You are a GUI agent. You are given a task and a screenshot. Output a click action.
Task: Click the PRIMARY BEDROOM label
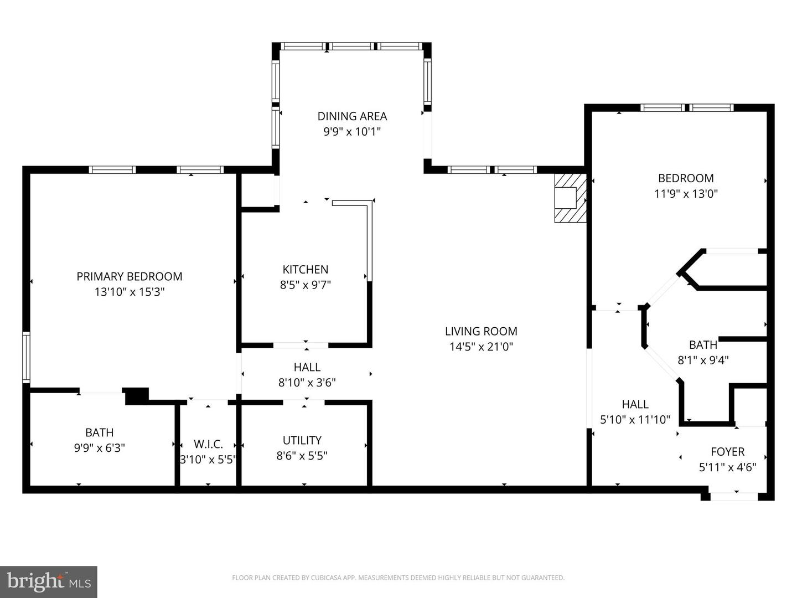coord(129,276)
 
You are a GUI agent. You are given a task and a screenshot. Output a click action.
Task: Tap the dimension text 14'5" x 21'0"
coord(481,347)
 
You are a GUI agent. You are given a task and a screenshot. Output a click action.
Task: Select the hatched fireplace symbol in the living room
coord(570,198)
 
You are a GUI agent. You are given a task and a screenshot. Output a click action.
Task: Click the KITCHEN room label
coord(306,270)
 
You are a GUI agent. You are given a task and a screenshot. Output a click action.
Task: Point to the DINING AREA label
coord(352,116)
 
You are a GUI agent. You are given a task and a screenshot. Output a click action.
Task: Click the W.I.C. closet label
coord(208,444)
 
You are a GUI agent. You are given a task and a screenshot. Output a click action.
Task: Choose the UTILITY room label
coord(302,440)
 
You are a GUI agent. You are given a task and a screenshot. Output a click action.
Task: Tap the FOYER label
coord(727,452)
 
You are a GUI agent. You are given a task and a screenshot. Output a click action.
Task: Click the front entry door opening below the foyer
coord(734,496)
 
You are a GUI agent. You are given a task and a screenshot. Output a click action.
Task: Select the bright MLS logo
coord(49,581)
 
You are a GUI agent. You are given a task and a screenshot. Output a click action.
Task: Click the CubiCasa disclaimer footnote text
coord(398,578)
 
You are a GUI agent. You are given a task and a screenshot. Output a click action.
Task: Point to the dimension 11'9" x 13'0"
coord(686,194)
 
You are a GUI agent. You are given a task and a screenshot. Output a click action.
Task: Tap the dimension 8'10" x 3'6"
coord(307,382)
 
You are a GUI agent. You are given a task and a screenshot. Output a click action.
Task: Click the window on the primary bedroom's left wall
coord(26,357)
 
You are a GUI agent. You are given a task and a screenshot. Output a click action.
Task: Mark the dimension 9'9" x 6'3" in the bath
coord(100,448)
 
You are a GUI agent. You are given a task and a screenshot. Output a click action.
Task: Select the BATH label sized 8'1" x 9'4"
coord(703,345)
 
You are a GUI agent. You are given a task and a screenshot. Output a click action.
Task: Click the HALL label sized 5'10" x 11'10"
coord(635,404)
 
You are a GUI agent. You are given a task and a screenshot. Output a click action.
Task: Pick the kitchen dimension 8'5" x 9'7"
coord(306,285)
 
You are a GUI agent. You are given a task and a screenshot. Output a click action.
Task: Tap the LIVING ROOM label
coord(481,331)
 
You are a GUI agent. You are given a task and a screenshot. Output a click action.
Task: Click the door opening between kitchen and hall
coord(301,346)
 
